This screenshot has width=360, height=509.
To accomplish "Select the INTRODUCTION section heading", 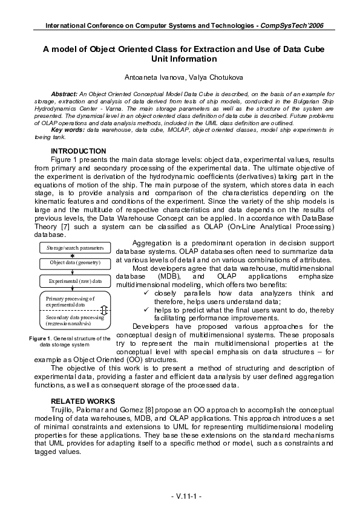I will (x=78, y=151).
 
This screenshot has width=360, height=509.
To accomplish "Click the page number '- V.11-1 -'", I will (x=179, y=496).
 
